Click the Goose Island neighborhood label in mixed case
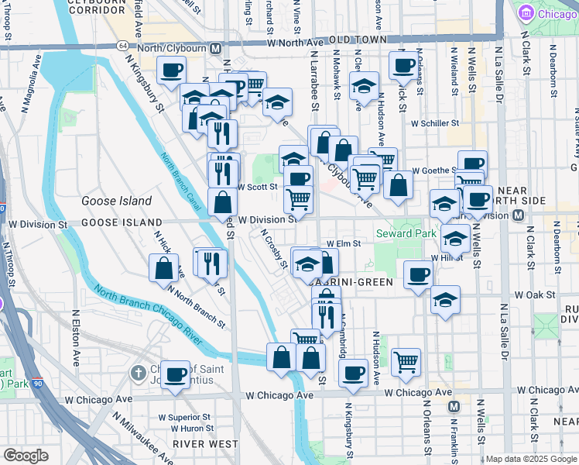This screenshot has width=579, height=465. click(x=117, y=201)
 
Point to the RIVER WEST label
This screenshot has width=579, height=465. click(x=194, y=443)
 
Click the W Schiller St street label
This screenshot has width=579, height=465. click(x=435, y=123)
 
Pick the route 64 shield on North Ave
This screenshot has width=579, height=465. click(x=123, y=46)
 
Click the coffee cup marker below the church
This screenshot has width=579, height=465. click(x=176, y=374)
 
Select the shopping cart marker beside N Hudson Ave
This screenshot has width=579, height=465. click(x=406, y=360)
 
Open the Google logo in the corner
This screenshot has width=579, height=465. click(x=26, y=456)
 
